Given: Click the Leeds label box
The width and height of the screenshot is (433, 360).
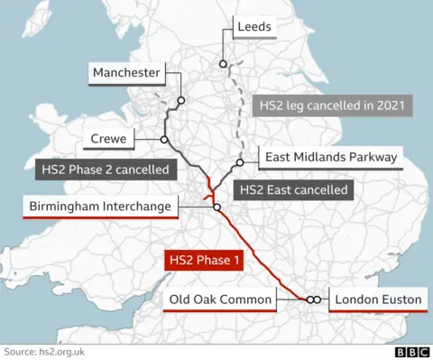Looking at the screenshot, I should coord(253,28).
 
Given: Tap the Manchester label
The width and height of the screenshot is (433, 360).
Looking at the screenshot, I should coord(126,72).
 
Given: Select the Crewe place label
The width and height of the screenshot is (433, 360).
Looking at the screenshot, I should coord(108,139).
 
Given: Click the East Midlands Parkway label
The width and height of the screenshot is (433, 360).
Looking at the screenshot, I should coord(331,157).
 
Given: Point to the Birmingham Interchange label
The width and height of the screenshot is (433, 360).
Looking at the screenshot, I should coord(99,208).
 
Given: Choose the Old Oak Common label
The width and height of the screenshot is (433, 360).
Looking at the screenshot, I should coord(220,300).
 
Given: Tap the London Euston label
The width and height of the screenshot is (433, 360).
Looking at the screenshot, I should coord(377,300).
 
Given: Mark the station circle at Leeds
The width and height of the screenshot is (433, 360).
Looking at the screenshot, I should coord(223,63).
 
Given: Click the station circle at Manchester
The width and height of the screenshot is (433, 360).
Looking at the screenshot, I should coord(181,101).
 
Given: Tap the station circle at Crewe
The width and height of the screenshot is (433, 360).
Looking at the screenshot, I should coord(164,140).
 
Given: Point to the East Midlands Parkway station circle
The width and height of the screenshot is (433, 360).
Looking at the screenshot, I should coord(240,163).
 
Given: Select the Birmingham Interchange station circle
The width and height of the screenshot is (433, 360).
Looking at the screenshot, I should coord(216,207).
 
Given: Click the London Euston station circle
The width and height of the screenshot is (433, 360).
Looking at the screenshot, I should coord(316,300).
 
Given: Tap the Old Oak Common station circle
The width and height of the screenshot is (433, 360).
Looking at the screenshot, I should coord(309,300).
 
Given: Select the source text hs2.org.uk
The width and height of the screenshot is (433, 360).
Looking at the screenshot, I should coord(42,351).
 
